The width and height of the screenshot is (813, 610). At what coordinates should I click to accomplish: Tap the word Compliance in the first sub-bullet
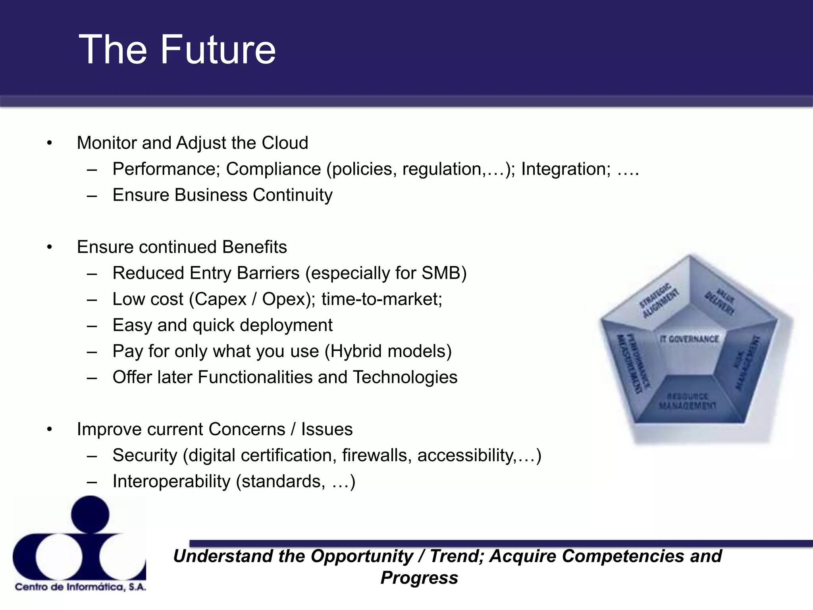[x=273, y=169]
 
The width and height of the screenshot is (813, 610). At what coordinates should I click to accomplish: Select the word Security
[x=144, y=456]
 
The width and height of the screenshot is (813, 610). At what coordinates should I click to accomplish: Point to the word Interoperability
[x=171, y=481]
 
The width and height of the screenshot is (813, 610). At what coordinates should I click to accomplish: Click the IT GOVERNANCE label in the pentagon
[x=689, y=339]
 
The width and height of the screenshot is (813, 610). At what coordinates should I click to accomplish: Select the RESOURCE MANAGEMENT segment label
[x=688, y=402]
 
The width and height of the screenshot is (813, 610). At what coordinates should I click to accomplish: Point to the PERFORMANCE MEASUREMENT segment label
[x=633, y=363]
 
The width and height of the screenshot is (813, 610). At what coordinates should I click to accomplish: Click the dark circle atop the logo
[x=90, y=515]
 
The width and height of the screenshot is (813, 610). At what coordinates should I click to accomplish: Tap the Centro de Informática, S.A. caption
[x=81, y=587]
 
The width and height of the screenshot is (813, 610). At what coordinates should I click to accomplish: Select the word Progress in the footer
[x=419, y=578]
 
